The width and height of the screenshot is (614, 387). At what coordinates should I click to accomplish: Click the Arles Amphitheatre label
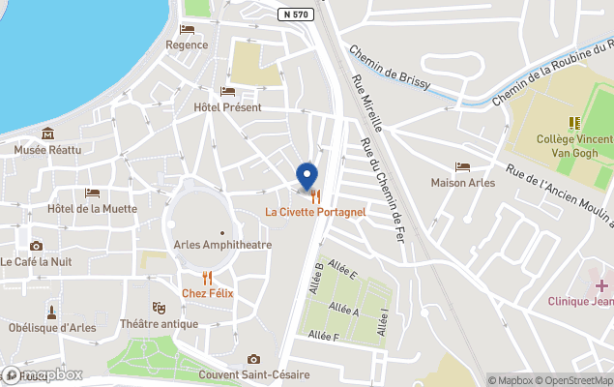[x=222, y=245]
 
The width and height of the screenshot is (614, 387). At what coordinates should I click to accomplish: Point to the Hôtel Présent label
[x=227, y=106]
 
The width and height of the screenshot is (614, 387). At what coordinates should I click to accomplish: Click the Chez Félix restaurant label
[x=208, y=292]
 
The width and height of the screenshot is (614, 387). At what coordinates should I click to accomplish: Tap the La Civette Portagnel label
[x=315, y=212]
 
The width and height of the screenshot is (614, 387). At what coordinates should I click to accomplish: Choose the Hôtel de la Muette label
[x=93, y=208]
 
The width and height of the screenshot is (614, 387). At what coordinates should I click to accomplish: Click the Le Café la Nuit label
[x=36, y=261]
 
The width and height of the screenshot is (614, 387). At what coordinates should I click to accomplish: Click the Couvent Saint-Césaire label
[x=253, y=374]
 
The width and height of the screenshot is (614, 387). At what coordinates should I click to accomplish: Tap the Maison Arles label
[x=462, y=183]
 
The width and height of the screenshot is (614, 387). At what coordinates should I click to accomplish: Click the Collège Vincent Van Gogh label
[x=574, y=145]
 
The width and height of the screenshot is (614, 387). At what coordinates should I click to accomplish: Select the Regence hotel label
[x=187, y=44]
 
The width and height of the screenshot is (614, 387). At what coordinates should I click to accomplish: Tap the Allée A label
[x=343, y=312]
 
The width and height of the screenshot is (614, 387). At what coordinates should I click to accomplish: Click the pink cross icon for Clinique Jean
[x=601, y=285]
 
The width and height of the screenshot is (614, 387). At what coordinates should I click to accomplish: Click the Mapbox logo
[x=42, y=374]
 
